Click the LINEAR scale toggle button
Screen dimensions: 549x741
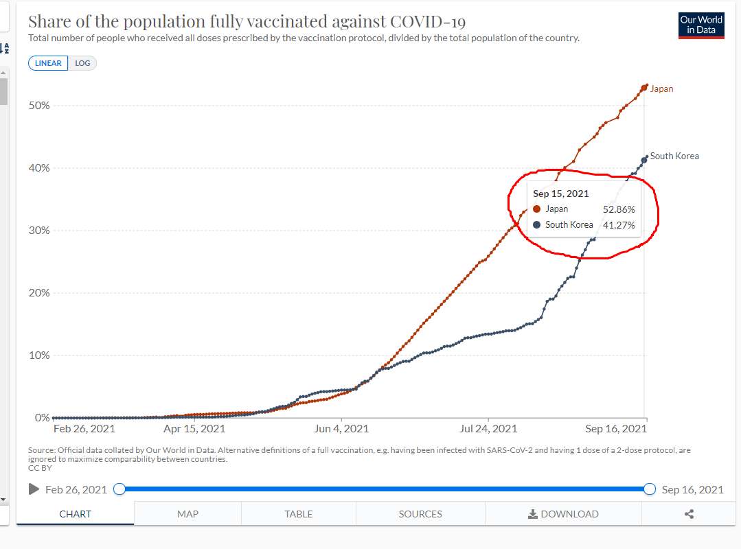(48, 63)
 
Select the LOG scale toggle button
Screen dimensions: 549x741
(82, 63)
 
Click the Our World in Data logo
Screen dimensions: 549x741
(701, 25)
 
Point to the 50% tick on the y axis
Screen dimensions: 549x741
(38, 106)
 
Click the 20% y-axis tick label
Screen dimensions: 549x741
(38, 293)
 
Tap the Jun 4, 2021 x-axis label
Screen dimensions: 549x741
(341, 429)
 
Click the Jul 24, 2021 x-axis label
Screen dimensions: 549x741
(488, 429)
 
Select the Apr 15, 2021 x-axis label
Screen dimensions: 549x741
(194, 429)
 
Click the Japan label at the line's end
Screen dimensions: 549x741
(661, 89)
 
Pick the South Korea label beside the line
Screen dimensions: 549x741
(674, 156)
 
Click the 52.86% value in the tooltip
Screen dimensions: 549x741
(619, 209)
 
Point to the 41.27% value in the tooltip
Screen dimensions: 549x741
(619, 224)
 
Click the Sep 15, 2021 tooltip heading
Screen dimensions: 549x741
(561, 194)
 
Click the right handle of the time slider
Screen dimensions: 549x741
(650, 489)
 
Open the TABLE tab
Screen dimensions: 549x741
(299, 514)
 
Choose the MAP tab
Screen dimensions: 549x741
(187, 514)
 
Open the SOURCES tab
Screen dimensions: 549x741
(420, 514)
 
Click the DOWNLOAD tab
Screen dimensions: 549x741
(563, 514)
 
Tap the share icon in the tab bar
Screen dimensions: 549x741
(689, 514)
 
